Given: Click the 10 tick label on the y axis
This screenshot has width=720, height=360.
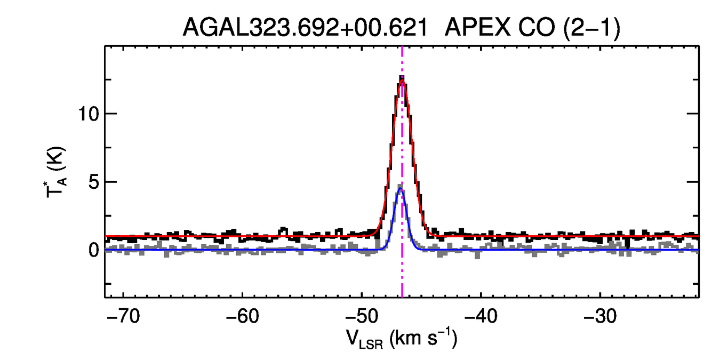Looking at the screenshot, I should tap(88, 114).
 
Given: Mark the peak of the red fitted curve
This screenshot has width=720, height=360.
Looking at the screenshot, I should tap(402, 81).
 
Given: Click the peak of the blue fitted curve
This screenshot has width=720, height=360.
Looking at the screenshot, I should tap(401, 188).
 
